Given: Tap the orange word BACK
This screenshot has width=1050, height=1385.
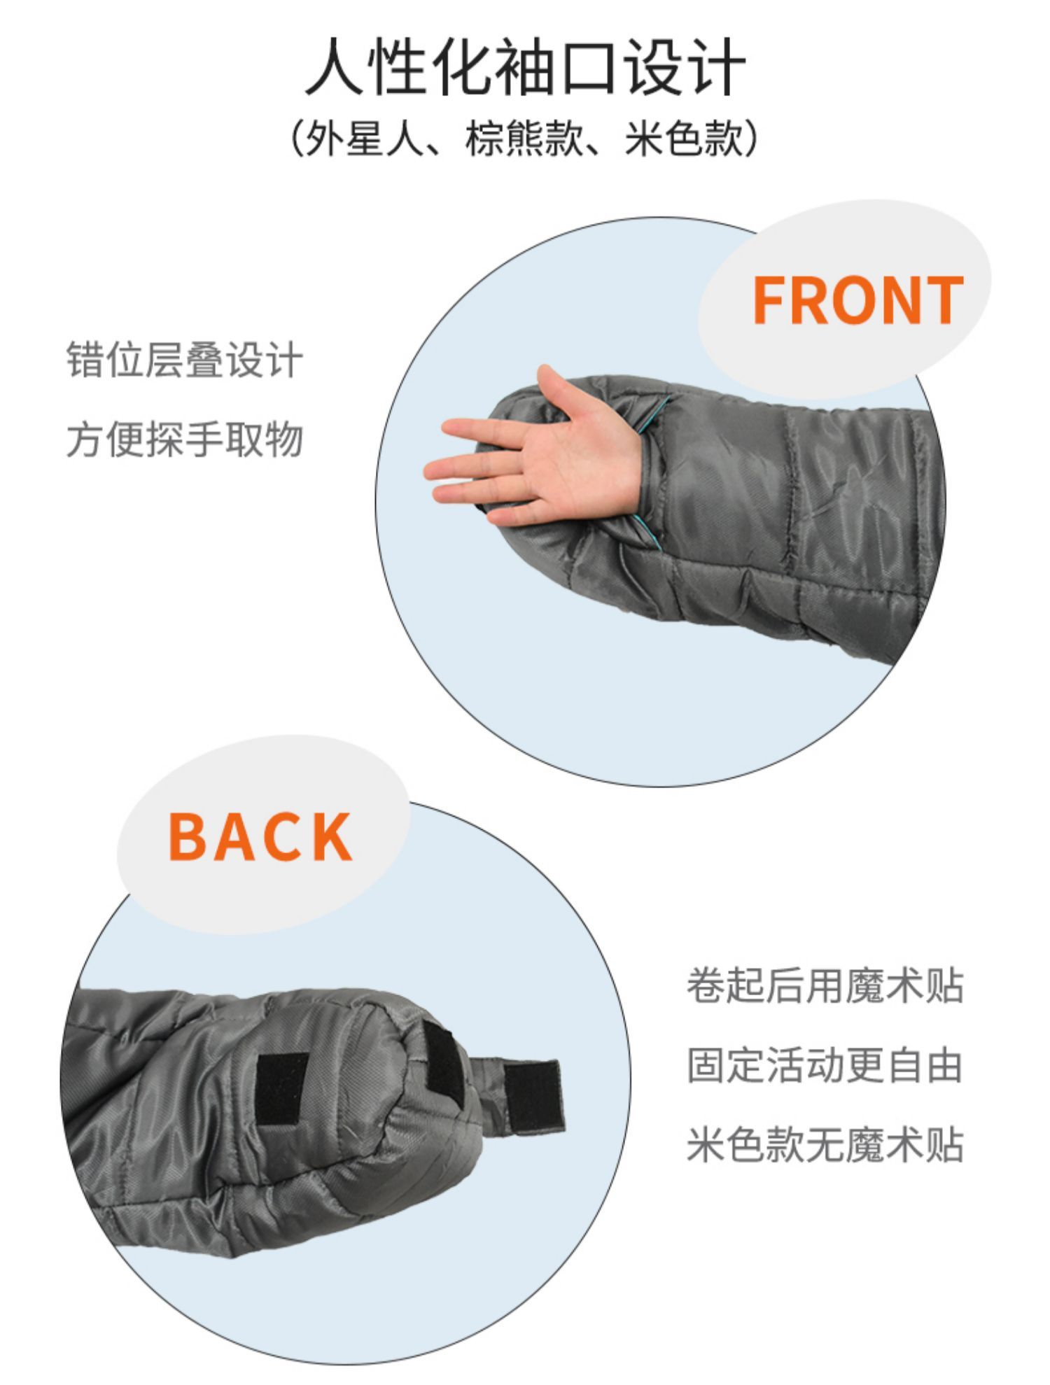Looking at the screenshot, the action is (260, 836).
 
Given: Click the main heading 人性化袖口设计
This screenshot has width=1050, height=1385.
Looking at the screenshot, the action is (525, 67).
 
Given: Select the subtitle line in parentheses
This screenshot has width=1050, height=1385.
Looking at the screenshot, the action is (525, 138).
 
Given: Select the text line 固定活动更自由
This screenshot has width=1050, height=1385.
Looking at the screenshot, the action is (825, 1065).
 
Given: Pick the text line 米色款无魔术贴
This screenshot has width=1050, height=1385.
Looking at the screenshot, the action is (825, 1144).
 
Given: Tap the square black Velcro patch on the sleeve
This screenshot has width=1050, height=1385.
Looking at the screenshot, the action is (282, 1088).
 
